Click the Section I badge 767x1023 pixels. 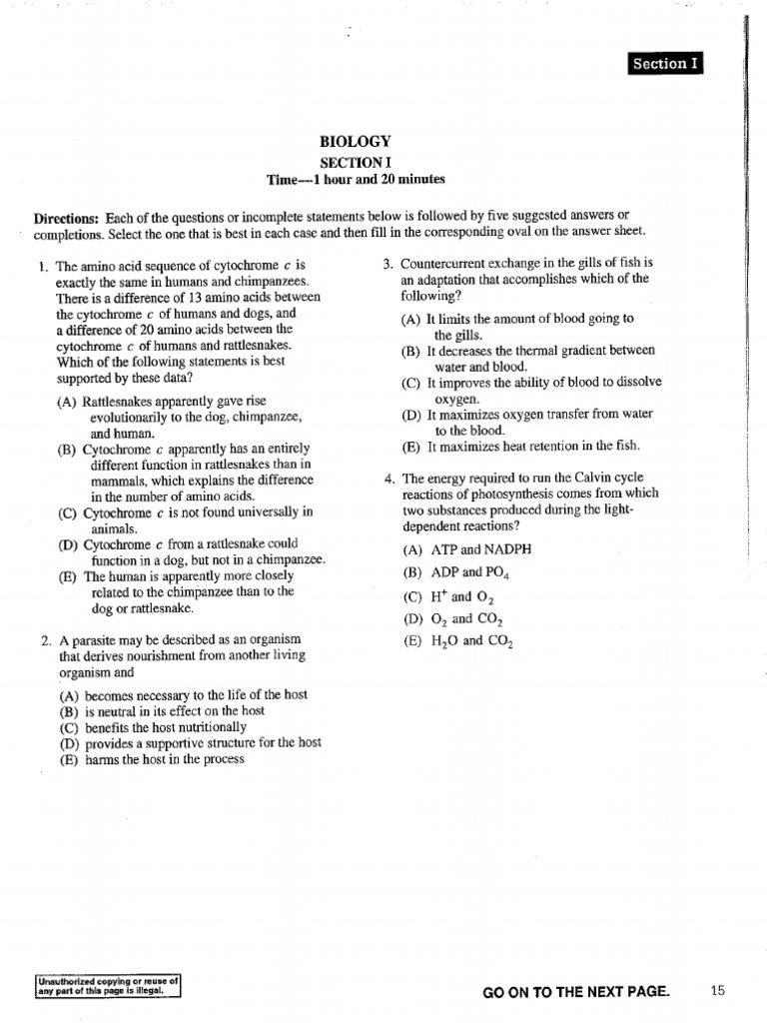tap(665, 64)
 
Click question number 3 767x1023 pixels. tap(387, 264)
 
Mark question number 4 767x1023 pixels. tap(387, 479)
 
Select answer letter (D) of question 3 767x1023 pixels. tap(410, 415)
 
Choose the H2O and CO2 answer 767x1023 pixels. tap(458, 641)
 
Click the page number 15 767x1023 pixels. tap(717, 990)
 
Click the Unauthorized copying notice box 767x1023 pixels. tap(107, 986)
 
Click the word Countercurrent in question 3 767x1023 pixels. tap(445, 264)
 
